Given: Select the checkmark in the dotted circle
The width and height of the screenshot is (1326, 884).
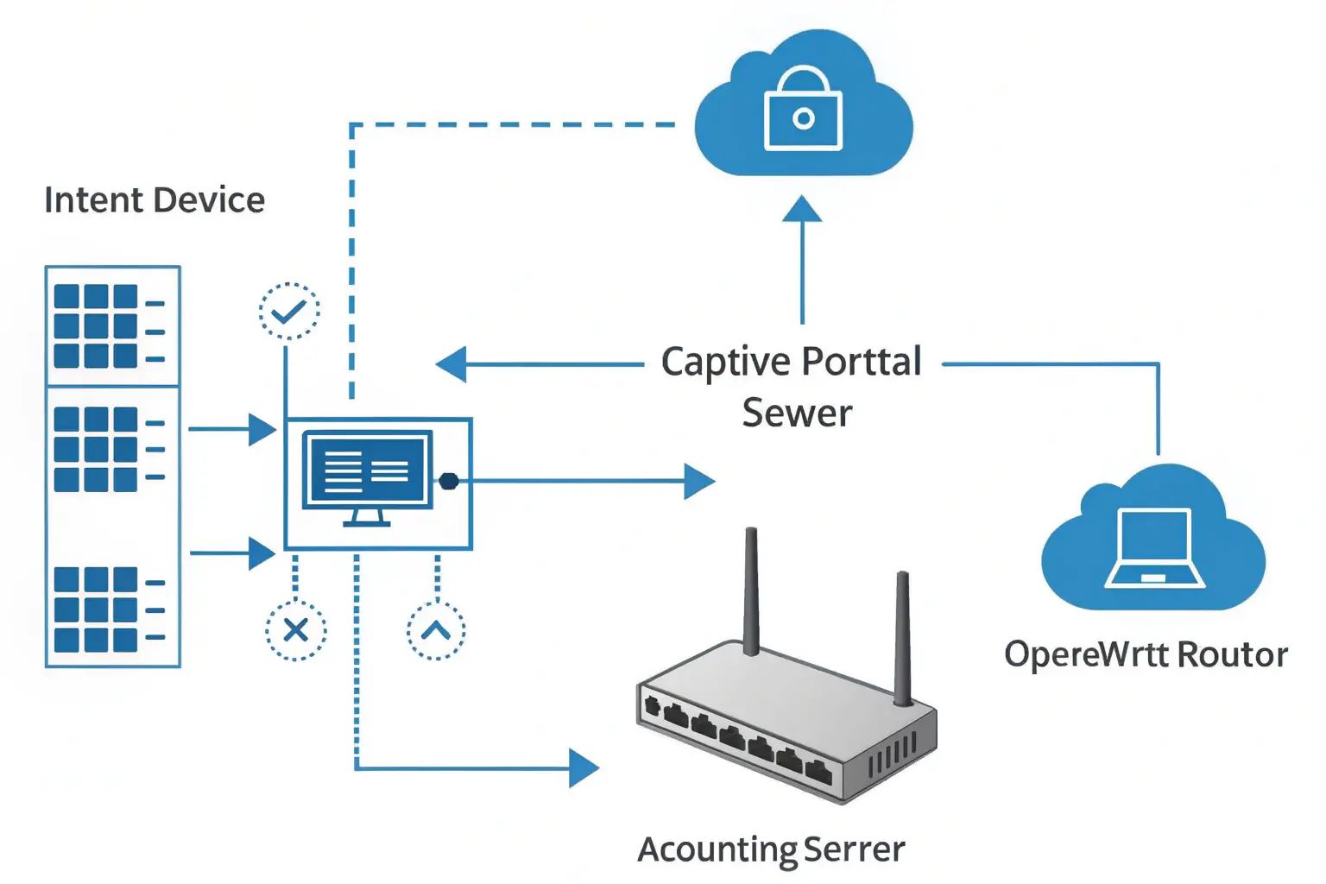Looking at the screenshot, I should point(289,311).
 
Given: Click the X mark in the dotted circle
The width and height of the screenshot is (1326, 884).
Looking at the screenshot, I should point(296,629).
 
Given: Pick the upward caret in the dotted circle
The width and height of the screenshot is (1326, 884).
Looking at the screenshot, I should point(436,630).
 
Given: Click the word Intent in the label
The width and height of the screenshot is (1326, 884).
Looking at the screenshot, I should point(93,200).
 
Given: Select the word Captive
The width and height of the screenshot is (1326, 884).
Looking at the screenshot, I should point(726,363).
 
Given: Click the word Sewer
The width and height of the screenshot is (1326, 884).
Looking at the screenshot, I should point(797,414).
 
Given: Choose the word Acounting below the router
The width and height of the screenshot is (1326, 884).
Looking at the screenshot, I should point(717,849).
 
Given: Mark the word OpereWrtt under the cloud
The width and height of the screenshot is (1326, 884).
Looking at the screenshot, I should point(1085,654).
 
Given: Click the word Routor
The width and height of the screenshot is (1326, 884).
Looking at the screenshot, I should point(1232,654).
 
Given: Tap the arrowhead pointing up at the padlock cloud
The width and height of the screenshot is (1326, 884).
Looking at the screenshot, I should point(802,210).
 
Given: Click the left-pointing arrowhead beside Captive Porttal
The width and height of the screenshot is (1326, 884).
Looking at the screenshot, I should point(452,364).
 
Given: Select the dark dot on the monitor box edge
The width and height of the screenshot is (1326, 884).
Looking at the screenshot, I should point(449,481).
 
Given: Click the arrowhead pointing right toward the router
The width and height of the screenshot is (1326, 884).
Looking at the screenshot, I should point(584,767).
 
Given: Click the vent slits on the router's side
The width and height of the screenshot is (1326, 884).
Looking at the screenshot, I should point(891,756).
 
